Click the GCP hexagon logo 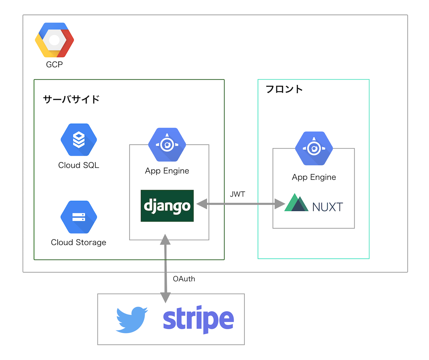[54, 40]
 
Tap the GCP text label [54, 65]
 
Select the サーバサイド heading [71, 99]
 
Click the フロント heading [284, 89]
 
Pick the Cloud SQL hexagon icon [79, 140]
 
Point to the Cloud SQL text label [79, 165]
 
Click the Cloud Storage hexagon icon [79, 217]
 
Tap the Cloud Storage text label [79, 242]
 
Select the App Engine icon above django [167, 144]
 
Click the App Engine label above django [167, 171]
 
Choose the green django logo [167, 206]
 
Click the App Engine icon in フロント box [314, 148]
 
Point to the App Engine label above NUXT [314, 177]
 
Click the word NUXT [327, 207]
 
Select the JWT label [238, 194]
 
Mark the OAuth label [184, 278]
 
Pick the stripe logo [198, 319]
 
